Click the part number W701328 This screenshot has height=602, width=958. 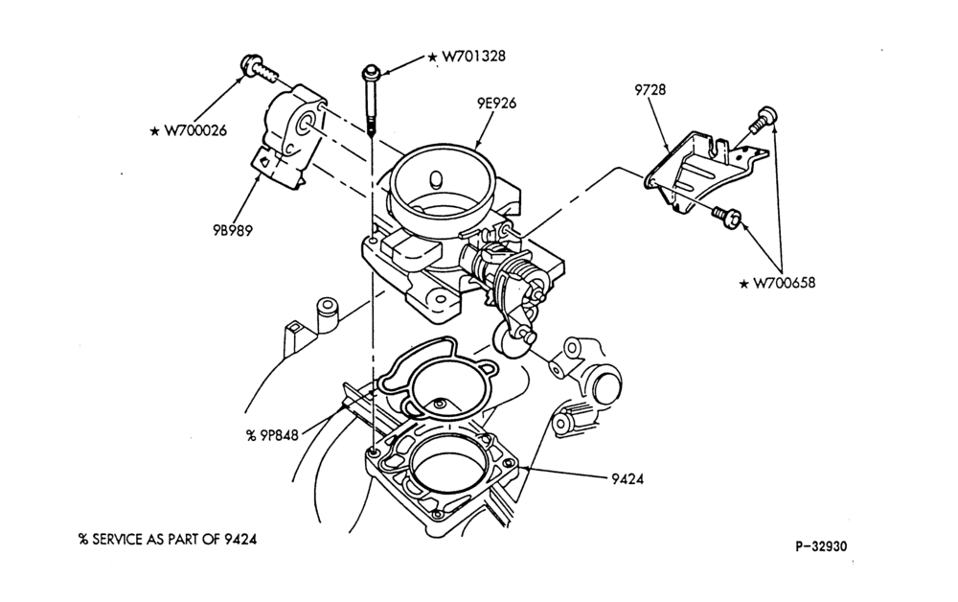click(473, 57)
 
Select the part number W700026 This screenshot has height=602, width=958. click(195, 130)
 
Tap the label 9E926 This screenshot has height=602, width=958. click(496, 104)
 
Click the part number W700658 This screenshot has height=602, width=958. click(784, 283)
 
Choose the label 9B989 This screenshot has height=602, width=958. click(233, 230)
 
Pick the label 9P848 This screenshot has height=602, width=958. click(279, 435)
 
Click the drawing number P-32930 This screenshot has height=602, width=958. click(821, 545)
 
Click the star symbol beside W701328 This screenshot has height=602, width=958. click(432, 57)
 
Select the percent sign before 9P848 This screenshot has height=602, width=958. click(250, 435)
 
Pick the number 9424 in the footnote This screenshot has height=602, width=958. click(239, 539)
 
